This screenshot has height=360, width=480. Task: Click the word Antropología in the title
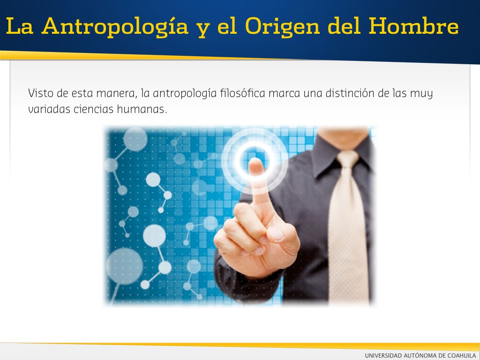pyautogui.click(x=115, y=27)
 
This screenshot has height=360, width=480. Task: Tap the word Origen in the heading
pyautogui.click(x=283, y=27)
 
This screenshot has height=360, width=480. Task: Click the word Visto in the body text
pyautogui.click(x=41, y=93)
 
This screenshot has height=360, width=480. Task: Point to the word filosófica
pyautogui.click(x=242, y=93)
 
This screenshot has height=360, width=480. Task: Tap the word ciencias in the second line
pyautogui.click(x=93, y=109)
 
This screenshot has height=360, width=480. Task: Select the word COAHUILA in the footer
pyautogui.click(x=462, y=355)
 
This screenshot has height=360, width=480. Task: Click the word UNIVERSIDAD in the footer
pyautogui.click(x=383, y=355)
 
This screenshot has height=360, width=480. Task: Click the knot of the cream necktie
pyautogui.click(x=347, y=159)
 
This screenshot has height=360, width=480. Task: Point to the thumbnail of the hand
pyautogui.click(x=276, y=234)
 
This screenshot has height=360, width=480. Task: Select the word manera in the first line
pyautogui.click(x=117, y=93)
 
